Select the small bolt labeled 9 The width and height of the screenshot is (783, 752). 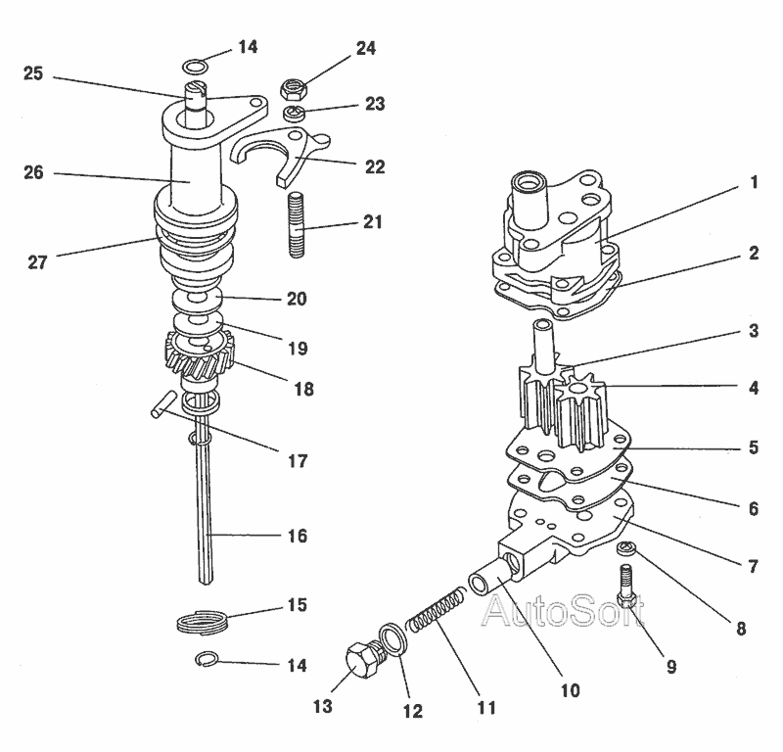[627, 587]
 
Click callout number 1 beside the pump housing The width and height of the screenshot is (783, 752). [754, 182]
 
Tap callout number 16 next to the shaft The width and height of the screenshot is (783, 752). [296, 536]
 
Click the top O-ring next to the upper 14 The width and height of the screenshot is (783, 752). [196, 67]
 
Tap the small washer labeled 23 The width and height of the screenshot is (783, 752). [295, 114]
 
